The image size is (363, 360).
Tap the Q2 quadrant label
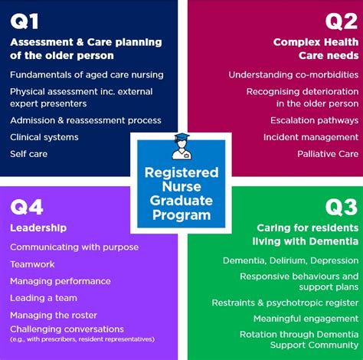[x=337, y=21]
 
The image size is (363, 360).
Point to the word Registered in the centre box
[x=181, y=172]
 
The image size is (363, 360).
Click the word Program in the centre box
[x=181, y=214]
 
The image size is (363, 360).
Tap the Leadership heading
[x=38, y=227]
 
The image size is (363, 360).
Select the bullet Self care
[x=28, y=154]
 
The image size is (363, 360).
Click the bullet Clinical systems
[x=44, y=137]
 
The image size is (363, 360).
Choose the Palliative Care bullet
[x=327, y=154]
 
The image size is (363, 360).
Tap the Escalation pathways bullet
[x=314, y=120]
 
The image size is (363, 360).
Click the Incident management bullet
[x=311, y=137]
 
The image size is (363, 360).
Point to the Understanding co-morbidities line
[x=293, y=74]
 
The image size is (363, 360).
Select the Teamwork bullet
[x=33, y=263]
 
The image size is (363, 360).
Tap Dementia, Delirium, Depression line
[x=290, y=261]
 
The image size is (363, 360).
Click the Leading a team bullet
[x=44, y=298]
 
